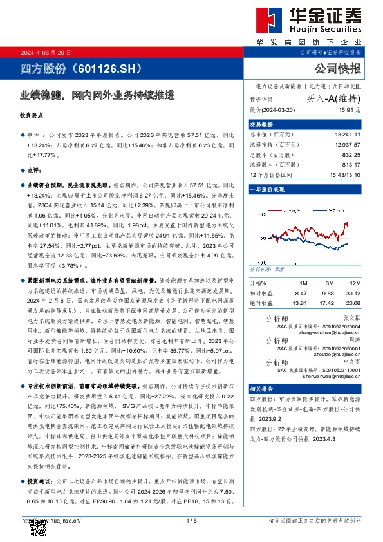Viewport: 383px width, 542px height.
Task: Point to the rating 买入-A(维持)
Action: (x=332, y=98)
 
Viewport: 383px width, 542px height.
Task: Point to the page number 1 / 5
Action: (x=191, y=520)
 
